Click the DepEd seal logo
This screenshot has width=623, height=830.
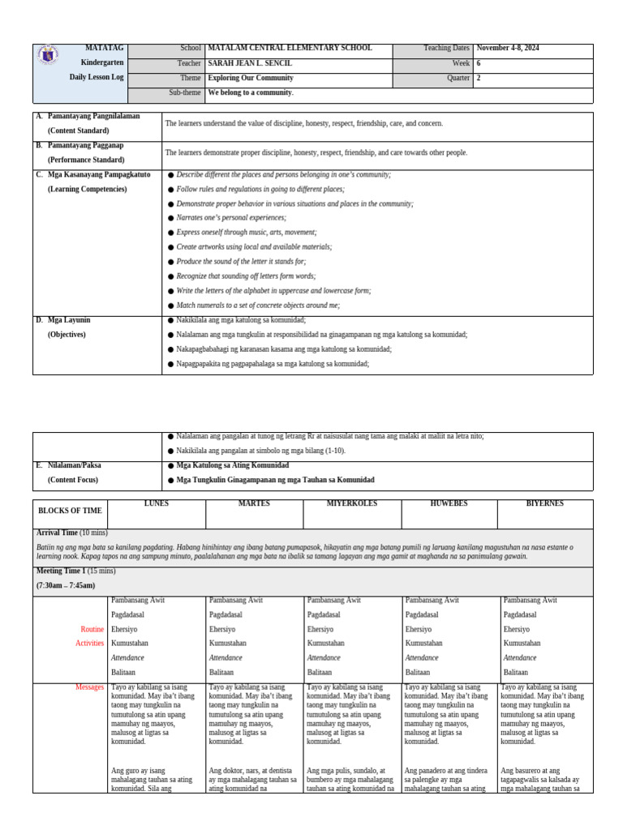[48, 57]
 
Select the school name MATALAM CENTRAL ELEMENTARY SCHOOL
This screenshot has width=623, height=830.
[290, 49]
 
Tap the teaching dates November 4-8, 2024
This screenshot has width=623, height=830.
[508, 49]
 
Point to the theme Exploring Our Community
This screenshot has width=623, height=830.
[251, 79]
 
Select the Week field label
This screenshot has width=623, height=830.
[462, 63]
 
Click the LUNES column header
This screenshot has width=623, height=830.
[157, 503]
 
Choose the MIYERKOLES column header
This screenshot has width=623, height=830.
[351, 503]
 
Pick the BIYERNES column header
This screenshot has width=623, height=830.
[546, 503]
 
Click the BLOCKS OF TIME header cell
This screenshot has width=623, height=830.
[71, 511]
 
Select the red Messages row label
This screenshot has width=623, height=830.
[89, 687]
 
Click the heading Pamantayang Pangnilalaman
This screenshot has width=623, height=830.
[93, 117]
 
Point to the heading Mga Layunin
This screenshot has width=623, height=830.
[72, 320]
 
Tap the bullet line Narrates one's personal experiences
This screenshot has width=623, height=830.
[231, 218]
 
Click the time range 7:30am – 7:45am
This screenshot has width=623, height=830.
[66, 585]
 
